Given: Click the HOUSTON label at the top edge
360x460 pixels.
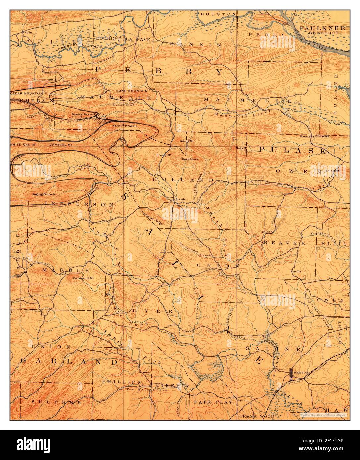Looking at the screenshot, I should tap(218, 14).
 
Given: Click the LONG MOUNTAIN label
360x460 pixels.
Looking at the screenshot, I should tap(131, 91).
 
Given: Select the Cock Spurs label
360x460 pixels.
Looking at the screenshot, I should tap(190, 159).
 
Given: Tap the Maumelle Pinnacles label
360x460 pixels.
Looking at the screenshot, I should tap(314, 136).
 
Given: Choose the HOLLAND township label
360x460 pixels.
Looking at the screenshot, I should tap(183, 179).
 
